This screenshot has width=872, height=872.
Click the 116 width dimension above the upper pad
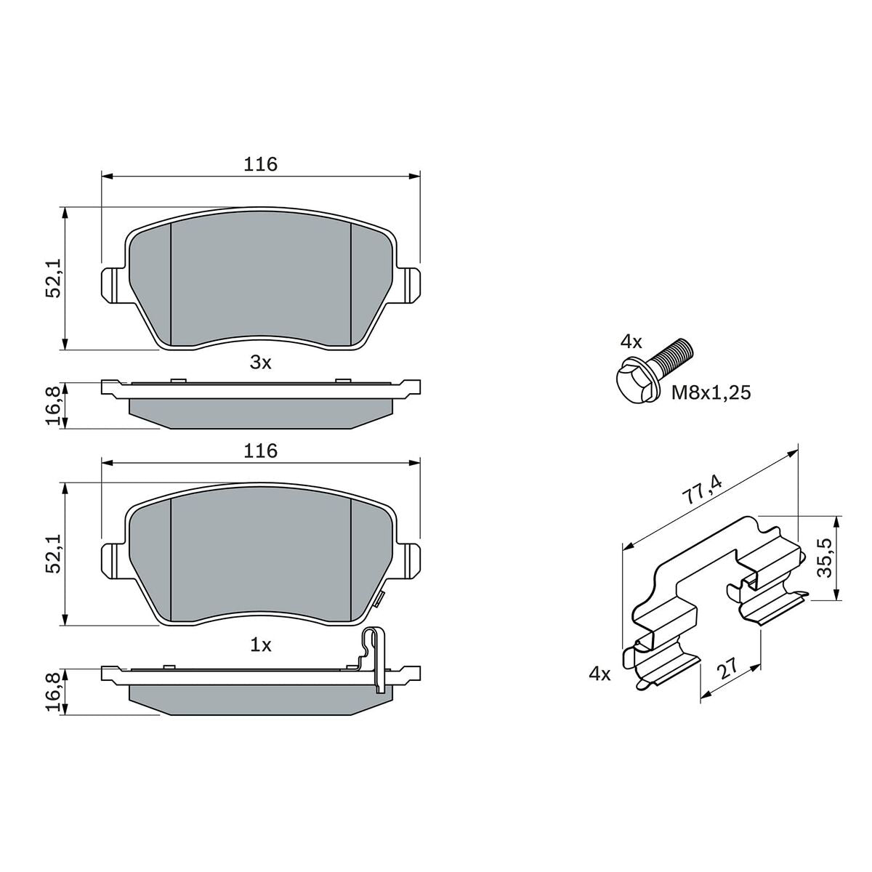[260, 164]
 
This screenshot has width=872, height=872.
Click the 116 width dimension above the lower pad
[260, 451]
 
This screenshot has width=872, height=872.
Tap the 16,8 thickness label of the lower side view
[53, 692]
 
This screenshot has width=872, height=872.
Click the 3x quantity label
[260, 363]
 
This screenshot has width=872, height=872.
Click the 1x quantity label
[261, 645]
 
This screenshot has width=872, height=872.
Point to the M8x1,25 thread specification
[711, 392]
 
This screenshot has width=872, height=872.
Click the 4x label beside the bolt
[631, 342]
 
